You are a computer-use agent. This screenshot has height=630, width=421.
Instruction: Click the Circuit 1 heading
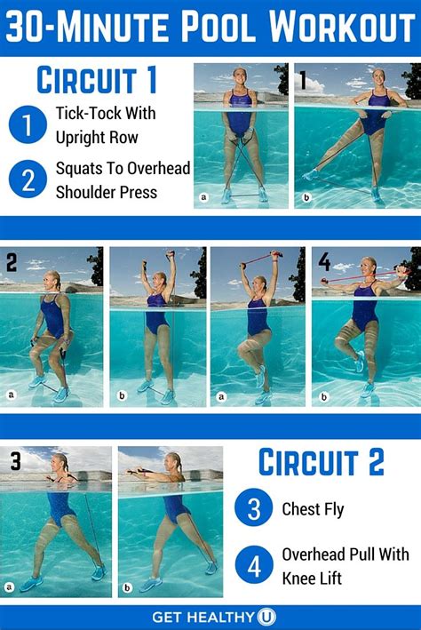97,81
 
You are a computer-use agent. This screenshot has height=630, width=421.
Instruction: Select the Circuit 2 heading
321,462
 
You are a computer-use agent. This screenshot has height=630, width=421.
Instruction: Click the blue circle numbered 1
27,124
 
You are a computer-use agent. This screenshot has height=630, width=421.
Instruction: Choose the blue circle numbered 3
253,510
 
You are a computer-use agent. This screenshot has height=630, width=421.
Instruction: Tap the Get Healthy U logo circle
266,616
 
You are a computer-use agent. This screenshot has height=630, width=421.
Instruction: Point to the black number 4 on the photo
323,262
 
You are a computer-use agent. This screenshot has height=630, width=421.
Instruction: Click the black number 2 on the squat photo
12,263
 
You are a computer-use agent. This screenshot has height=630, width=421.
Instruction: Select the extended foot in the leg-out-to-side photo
310,175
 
